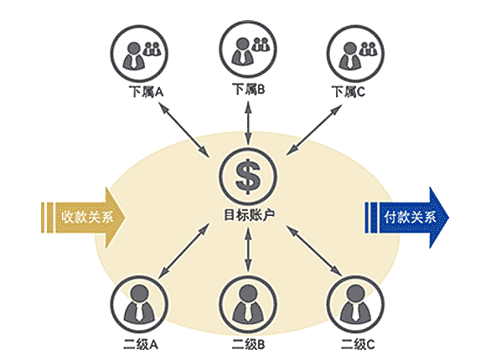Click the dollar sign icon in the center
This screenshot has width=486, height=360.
pos(248,176)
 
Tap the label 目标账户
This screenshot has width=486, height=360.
pos(249,214)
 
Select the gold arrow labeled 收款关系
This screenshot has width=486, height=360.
pos(84,218)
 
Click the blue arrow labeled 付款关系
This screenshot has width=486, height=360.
pos(406,218)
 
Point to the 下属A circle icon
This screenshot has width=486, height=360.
pos(139,54)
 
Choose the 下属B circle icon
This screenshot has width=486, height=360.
pos(248,50)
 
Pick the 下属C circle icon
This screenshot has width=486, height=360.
pos(355,54)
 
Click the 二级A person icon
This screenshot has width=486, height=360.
pos(139,304)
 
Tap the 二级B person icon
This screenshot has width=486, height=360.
pos(248,304)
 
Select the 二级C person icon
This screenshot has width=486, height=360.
pos(355,304)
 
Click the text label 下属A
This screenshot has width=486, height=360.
pos(146,92)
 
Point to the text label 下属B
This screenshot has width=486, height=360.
pos(249,90)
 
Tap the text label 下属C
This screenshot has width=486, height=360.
pos(348,92)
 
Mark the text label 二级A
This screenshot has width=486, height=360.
pos(141,344)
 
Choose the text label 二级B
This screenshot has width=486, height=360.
pos(249,344)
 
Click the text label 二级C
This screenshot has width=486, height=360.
pos(358,344)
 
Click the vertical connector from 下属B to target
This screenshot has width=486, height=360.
pos(248,122)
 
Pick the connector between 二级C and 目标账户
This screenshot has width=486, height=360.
pos(314,250)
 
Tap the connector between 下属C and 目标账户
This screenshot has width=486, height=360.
pos(314,130)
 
